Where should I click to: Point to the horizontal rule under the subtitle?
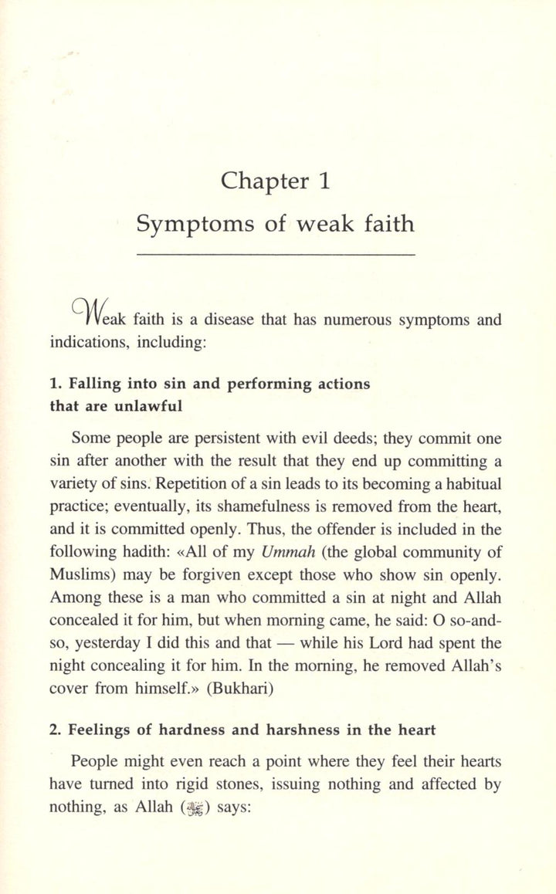pyautogui.click(x=276, y=254)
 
